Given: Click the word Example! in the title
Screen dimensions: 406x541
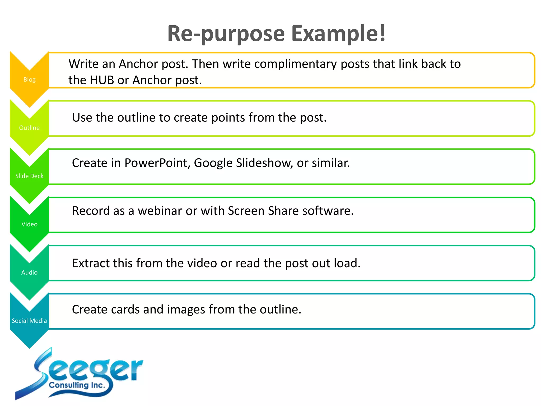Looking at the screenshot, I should tap(338, 34).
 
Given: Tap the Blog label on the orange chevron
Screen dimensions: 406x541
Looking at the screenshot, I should tap(29, 80).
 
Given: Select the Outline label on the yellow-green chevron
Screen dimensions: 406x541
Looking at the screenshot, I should tap(29, 128).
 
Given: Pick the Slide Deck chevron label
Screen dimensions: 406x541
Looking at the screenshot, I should tap(29, 176).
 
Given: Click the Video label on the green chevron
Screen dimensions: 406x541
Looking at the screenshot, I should tap(29, 224).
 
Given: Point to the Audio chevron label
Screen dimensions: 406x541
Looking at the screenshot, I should tap(29, 273).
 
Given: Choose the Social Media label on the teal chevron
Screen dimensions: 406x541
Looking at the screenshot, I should tap(29, 321).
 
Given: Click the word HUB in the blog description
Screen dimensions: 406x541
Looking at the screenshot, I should tap(102, 80).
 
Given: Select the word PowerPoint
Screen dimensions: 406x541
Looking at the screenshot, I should tap(157, 163).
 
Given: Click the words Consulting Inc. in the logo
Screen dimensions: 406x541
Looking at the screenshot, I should tap(77, 385).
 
